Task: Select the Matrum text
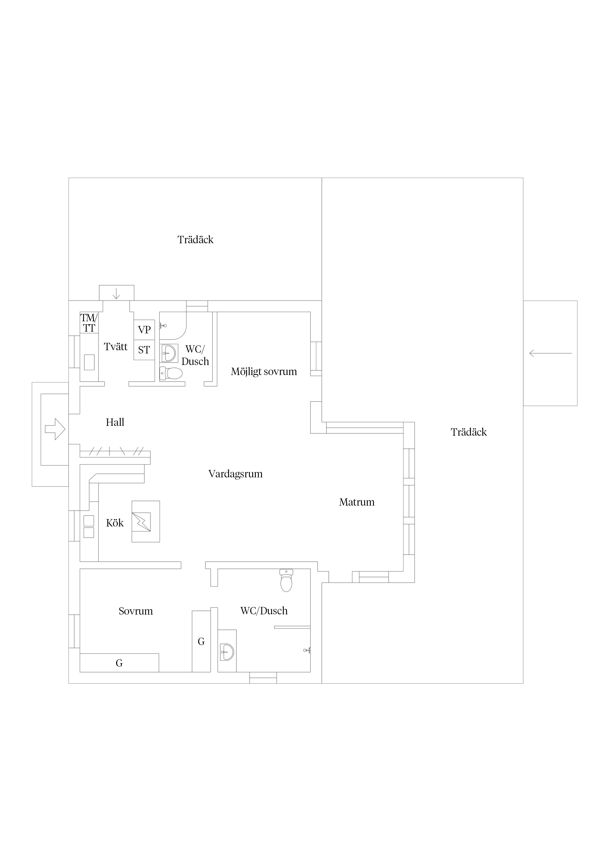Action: pyautogui.click(x=357, y=502)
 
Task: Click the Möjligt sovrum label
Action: pyautogui.click(x=264, y=372)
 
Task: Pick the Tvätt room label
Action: pyautogui.click(x=116, y=347)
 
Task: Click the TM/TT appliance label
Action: pyautogui.click(x=89, y=323)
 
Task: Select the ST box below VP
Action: pyautogui.click(x=144, y=350)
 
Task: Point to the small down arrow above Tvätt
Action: pyautogui.click(x=116, y=293)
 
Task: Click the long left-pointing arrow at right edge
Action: pyautogui.click(x=551, y=353)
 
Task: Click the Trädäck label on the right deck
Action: pyautogui.click(x=469, y=432)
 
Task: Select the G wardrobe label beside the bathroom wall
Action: pyautogui.click(x=201, y=642)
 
